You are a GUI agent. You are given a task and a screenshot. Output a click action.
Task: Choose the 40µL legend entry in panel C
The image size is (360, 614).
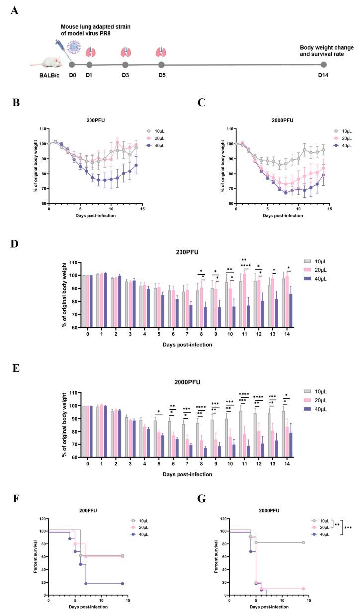pos(340,146)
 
